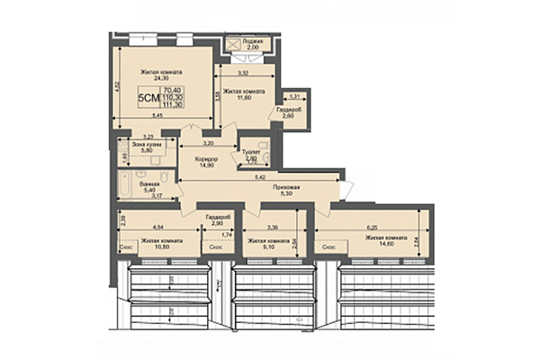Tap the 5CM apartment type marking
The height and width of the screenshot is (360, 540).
146,97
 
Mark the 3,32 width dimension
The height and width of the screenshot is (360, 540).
243,73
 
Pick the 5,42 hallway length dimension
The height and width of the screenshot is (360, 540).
260,178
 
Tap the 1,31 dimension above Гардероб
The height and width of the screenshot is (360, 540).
294,94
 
